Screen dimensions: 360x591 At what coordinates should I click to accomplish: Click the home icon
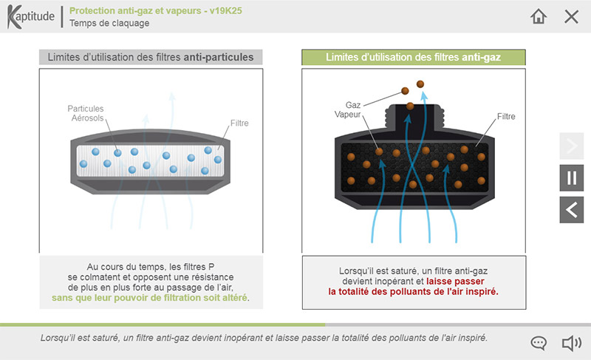[539, 16]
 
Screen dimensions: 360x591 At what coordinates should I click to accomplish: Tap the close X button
[571, 16]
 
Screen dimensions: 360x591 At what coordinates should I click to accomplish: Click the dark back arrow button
[571, 210]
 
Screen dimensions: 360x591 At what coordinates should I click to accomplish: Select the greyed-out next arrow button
[571, 146]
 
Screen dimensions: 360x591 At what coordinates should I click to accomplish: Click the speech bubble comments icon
[539, 343]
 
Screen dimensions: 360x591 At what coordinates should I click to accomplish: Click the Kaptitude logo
[31, 16]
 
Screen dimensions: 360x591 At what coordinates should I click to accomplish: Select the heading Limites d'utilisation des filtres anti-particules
[150, 57]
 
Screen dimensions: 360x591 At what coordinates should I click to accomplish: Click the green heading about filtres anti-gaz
[413, 57]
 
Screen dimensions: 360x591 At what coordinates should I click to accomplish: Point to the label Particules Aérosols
[86, 113]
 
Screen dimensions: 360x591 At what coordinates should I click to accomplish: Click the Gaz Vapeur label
[347, 111]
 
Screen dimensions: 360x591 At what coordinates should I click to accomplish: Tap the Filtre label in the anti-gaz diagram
[506, 116]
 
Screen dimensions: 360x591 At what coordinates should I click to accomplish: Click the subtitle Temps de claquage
[109, 23]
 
